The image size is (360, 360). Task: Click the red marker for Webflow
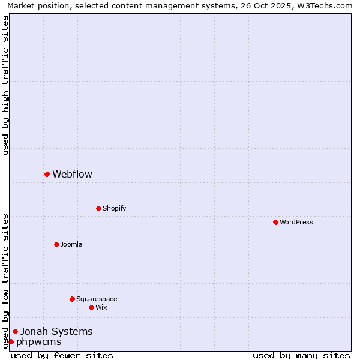[x=47, y=174]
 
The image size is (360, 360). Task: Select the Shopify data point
[x=98, y=208]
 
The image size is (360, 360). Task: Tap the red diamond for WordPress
[x=275, y=222]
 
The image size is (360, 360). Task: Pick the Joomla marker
[x=56, y=244]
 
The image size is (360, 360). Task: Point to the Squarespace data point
[x=72, y=299]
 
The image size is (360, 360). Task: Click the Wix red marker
[x=91, y=307]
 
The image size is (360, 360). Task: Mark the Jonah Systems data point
[x=15, y=331]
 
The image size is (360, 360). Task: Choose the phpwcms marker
[x=11, y=341]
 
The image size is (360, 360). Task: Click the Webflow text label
[x=72, y=175]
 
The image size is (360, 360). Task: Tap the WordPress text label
[x=296, y=222]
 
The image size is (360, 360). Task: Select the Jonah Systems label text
[x=56, y=331]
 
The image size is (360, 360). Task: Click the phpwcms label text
[x=38, y=342]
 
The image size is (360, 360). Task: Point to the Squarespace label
[x=97, y=299]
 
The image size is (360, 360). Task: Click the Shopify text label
[x=114, y=208]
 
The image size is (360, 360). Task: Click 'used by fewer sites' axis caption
[x=62, y=355]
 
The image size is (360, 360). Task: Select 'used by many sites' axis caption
[x=301, y=355]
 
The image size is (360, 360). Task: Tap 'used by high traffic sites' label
[x=5, y=85]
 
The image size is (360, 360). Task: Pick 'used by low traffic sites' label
[x=5, y=281]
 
